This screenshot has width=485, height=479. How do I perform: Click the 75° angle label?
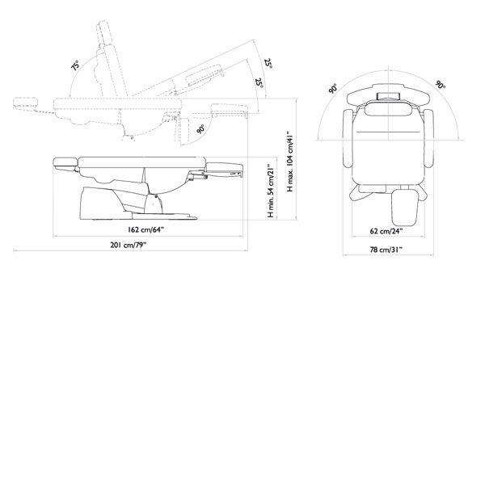[x=75, y=65]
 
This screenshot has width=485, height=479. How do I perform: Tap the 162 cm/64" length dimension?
[x=145, y=229]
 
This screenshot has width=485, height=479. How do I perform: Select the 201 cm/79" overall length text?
[x=128, y=245]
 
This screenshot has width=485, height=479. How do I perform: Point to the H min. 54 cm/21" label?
[x=271, y=191]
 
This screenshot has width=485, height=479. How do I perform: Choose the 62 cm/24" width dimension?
[x=386, y=231]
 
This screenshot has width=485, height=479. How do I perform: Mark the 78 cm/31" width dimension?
[x=386, y=250]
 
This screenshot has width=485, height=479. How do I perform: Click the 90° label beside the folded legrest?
[x=200, y=129]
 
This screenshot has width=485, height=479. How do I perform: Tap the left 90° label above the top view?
[x=333, y=88]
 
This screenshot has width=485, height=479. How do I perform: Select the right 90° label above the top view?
[x=441, y=84]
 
